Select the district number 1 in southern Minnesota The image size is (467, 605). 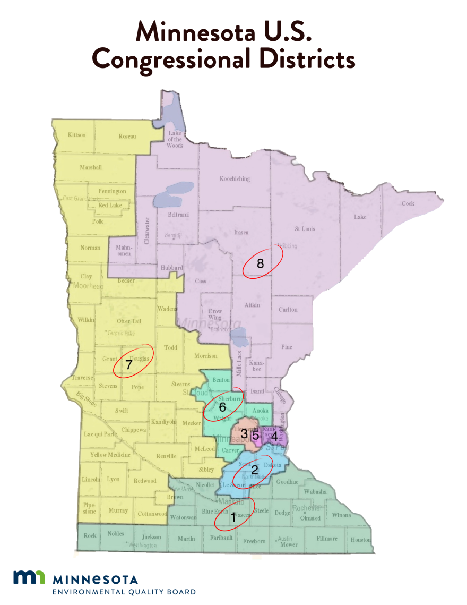[x=232, y=517]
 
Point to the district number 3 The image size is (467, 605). [x=244, y=434]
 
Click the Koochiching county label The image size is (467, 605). [x=235, y=179]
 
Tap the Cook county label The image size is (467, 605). [x=408, y=203]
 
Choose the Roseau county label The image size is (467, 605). [x=127, y=136]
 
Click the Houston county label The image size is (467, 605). [x=360, y=540]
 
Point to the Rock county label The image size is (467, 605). [x=90, y=535]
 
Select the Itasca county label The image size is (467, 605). [x=241, y=232]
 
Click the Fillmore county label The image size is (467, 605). [x=327, y=539]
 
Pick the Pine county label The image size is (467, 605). [x=287, y=347]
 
